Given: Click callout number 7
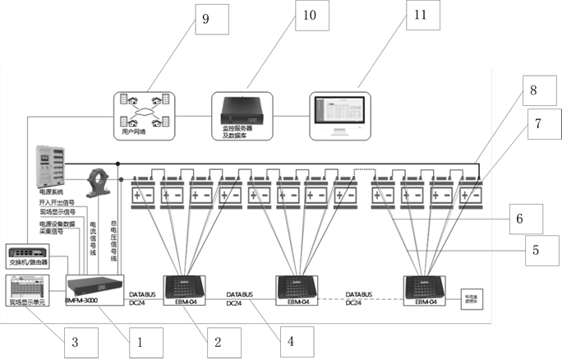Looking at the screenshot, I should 538,125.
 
